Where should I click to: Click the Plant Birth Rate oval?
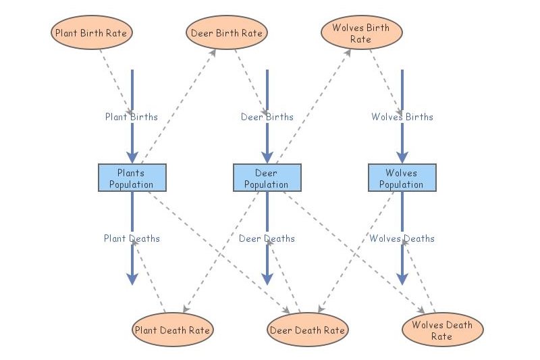(90, 32)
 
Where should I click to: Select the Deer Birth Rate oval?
(227, 33)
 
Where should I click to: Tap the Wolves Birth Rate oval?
(360, 33)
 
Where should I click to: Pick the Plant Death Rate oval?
(172, 330)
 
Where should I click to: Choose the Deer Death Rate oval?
(308, 330)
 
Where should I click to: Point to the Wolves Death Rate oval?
(442, 330)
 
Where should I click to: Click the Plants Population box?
(132, 178)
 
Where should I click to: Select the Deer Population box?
(267, 178)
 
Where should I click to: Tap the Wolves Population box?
(402, 178)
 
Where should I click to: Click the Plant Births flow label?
(131, 117)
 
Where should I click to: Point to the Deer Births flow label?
(267, 117)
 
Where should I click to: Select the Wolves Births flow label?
(402, 117)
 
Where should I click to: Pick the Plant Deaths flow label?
(132, 238)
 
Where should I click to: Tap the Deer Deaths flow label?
(267, 238)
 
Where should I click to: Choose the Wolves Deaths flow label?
(402, 238)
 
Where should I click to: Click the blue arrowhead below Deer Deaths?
(267, 278)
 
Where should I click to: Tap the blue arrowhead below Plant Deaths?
(132, 278)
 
